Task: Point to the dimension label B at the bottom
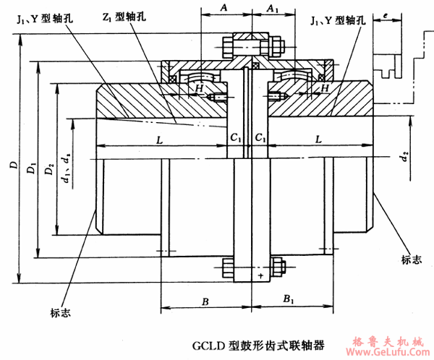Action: tap(206, 299)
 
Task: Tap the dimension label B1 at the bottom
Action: tap(287, 299)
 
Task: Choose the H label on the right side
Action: tap(325, 87)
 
